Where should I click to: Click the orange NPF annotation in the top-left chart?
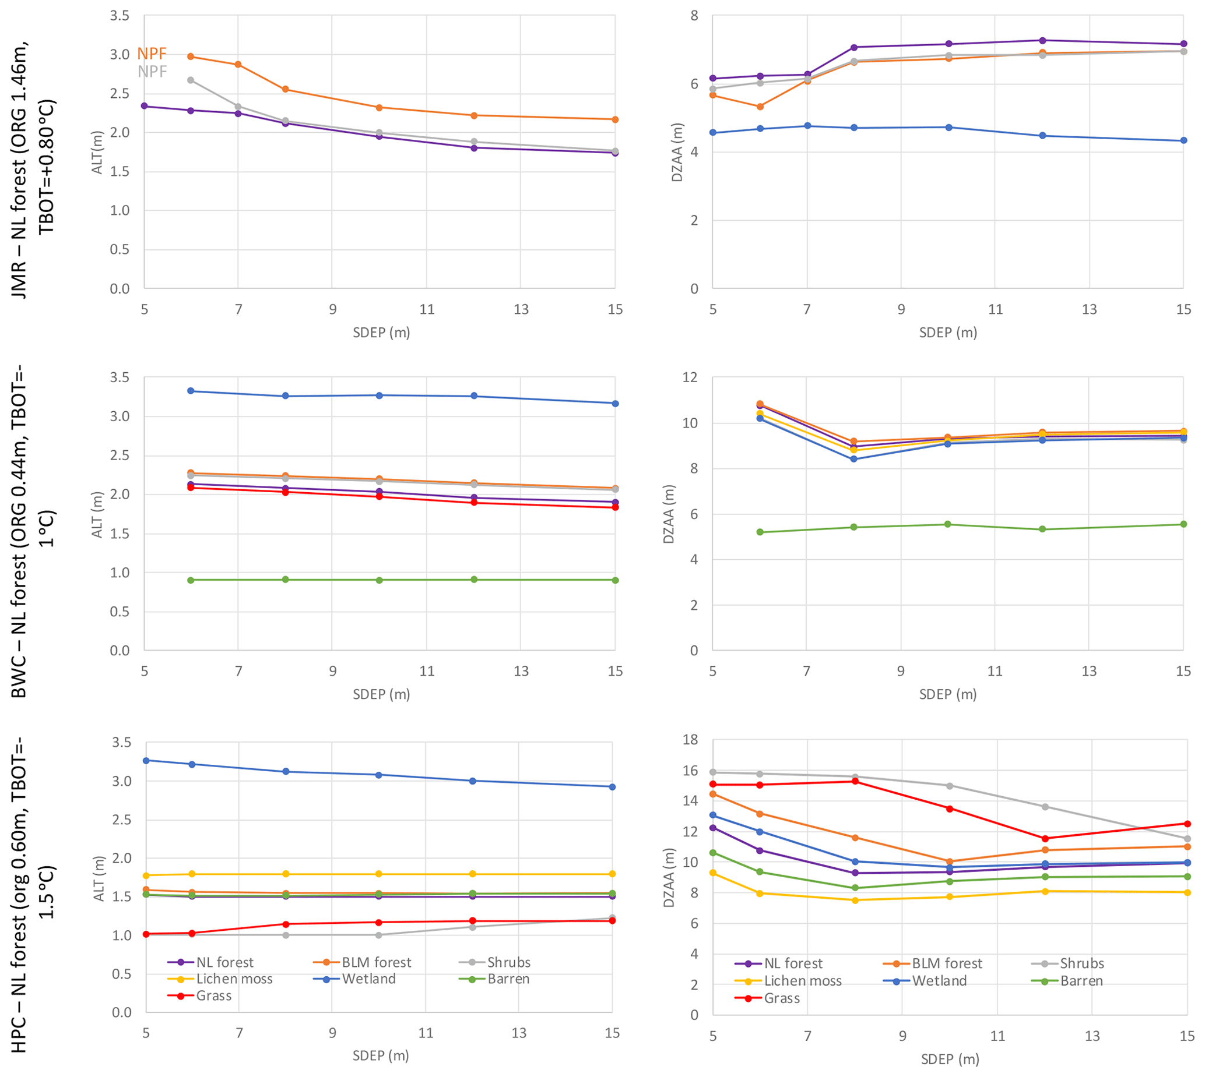(x=152, y=54)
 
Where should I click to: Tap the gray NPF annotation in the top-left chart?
(x=152, y=72)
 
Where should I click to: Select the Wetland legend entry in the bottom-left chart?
(x=368, y=979)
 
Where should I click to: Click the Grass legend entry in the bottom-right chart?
(x=781, y=998)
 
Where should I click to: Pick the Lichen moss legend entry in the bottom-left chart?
(x=234, y=979)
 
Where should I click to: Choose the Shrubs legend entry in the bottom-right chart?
(x=1081, y=963)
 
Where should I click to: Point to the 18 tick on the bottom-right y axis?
(x=690, y=740)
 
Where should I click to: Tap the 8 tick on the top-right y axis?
(x=694, y=15)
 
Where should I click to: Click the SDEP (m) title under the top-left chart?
(x=381, y=333)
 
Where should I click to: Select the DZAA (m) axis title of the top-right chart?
(x=677, y=152)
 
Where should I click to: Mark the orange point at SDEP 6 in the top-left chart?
(x=191, y=57)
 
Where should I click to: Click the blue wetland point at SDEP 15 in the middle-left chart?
(x=614, y=404)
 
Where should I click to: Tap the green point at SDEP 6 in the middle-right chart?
(x=760, y=532)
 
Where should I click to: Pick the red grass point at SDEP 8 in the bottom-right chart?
(x=855, y=781)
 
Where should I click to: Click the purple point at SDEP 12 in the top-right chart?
(x=1042, y=40)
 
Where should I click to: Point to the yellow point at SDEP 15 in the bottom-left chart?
(x=612, y=874)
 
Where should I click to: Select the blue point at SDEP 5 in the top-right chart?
(x=713, y=133)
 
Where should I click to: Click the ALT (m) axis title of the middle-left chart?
(x=97, y=514)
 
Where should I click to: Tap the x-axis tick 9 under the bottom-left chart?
(x=332, y=1033)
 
